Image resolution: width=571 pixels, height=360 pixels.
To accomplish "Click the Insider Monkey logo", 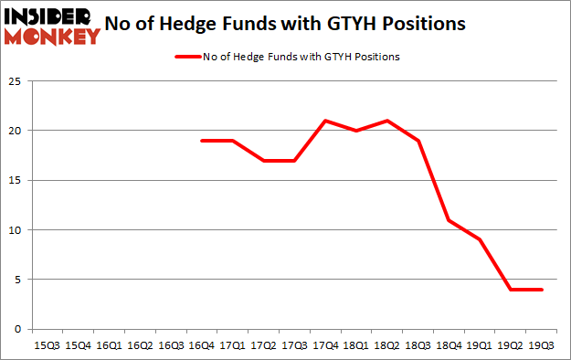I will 53,26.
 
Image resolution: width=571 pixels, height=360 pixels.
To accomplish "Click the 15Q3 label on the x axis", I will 46,345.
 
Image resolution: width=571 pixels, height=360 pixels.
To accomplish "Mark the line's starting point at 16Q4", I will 201,141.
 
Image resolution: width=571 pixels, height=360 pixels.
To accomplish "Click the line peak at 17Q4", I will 325,121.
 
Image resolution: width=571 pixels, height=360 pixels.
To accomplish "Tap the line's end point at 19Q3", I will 543,290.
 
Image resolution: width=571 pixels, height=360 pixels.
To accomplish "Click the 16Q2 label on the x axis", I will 139,345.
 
